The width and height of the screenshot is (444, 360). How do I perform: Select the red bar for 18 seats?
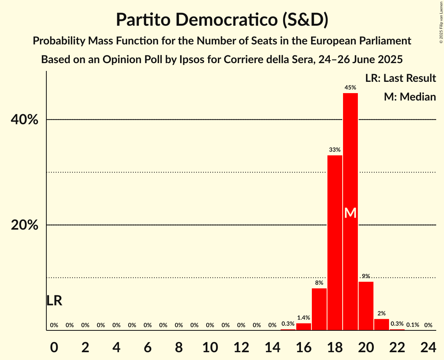coord(335,242)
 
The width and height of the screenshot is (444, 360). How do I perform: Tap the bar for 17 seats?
coord(319,309)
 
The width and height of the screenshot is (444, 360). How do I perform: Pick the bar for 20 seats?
coord(366,306)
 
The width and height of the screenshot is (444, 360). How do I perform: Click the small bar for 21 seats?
coord(382,325)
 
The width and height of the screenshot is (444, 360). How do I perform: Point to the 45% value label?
coord(350,88)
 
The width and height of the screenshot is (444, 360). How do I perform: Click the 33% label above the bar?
coord(335,150)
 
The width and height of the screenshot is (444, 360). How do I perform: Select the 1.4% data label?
coord(304,318)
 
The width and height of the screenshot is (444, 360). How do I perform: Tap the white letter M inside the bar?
coord(350,213)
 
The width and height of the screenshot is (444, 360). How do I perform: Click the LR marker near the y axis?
coord(54,300)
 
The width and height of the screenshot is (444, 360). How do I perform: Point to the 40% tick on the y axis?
coord(25,120)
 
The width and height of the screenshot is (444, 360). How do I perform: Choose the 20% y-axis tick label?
coord(25,225)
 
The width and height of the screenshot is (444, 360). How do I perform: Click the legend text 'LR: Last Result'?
coord(400,78)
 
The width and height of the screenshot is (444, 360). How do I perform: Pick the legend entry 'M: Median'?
coord(410,97)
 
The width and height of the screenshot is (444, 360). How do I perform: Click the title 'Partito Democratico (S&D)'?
coord(222,20)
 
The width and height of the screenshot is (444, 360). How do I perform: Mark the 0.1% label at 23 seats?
coord(413,325)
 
